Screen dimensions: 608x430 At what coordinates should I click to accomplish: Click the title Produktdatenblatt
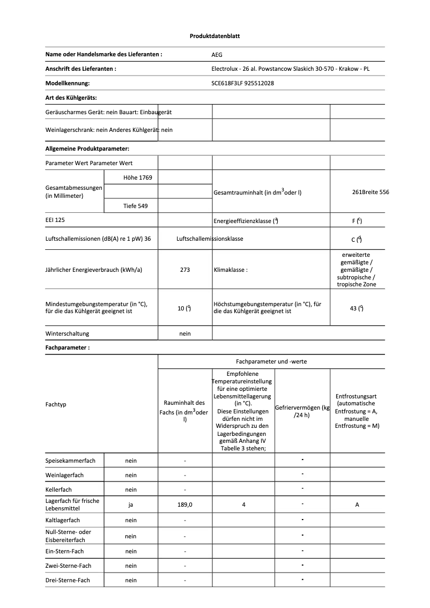tap(214, 36)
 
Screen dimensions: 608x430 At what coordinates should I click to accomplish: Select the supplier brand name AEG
tap(217, 55)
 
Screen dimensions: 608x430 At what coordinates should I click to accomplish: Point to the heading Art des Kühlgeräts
tap(71, 98)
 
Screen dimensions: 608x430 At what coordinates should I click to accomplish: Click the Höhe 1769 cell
tap(130, 177)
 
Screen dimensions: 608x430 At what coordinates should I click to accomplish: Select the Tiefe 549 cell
tap(130, 205)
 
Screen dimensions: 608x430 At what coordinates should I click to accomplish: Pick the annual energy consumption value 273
tap(185, 270)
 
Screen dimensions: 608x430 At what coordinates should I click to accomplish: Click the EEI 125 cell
tap(55, 220)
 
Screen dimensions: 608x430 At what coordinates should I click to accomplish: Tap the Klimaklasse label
tap(231, 270)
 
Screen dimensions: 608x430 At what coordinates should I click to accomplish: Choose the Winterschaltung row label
tap(67, 333)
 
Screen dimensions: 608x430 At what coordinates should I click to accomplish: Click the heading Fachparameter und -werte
tap(271, 361)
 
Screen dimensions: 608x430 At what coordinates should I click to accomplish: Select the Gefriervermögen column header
tap(302, 411)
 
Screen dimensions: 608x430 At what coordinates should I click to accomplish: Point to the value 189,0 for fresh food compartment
tap(185, 504)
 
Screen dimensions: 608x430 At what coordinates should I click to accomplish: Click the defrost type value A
tap(357, 504)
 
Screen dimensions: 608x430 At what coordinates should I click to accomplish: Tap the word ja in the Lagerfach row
tap(131, 504)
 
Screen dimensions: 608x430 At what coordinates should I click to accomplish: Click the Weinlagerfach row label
tap(64, 475)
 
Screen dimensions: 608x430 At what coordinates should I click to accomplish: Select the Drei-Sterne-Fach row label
tap(68, 580)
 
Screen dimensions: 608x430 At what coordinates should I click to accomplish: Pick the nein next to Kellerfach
tap(131, 490)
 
